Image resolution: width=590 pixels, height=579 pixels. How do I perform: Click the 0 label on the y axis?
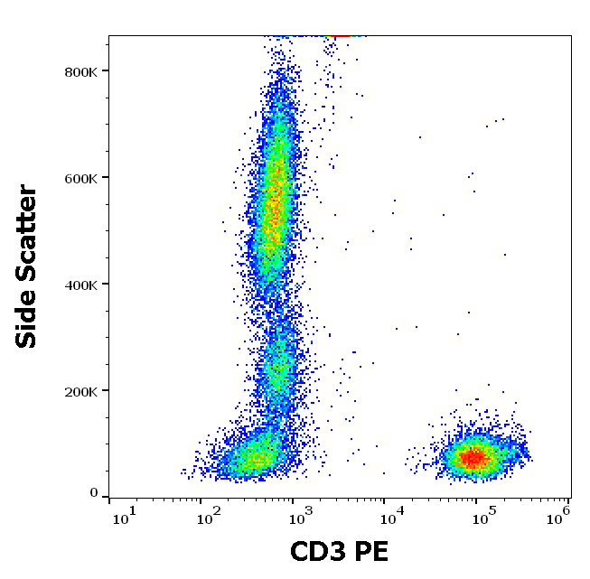[x=93, y=493]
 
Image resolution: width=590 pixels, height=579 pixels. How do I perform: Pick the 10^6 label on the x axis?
[x=558, y=515]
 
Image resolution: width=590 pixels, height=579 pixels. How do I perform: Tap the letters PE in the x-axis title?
[x=373, y=551]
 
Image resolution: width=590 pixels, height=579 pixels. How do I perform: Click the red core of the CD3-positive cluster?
[x=472, y=458]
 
